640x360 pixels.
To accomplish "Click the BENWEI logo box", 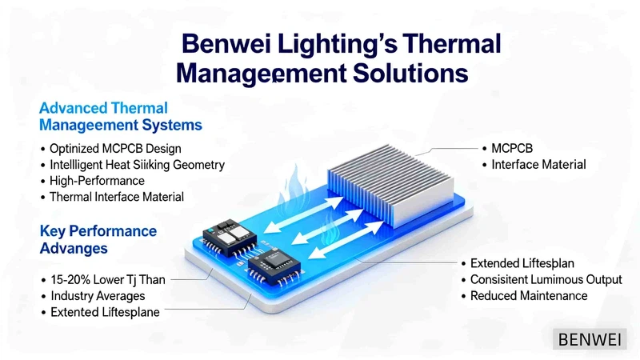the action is (x=590, y=338).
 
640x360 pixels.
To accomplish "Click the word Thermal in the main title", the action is (x=452, y=44).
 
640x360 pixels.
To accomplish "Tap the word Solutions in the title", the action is (x=410, y=74).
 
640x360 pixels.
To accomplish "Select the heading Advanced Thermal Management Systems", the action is (x=121, y=116).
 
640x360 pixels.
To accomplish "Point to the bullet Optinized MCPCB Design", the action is (x=115, y=149).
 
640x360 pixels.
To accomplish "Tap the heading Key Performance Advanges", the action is (x=98, y=239).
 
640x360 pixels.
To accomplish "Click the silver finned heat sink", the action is (x=390, y=185).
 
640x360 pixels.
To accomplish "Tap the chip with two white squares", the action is (x=229, y=237).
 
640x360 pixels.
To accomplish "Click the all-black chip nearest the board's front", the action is (x=274, y=266).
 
